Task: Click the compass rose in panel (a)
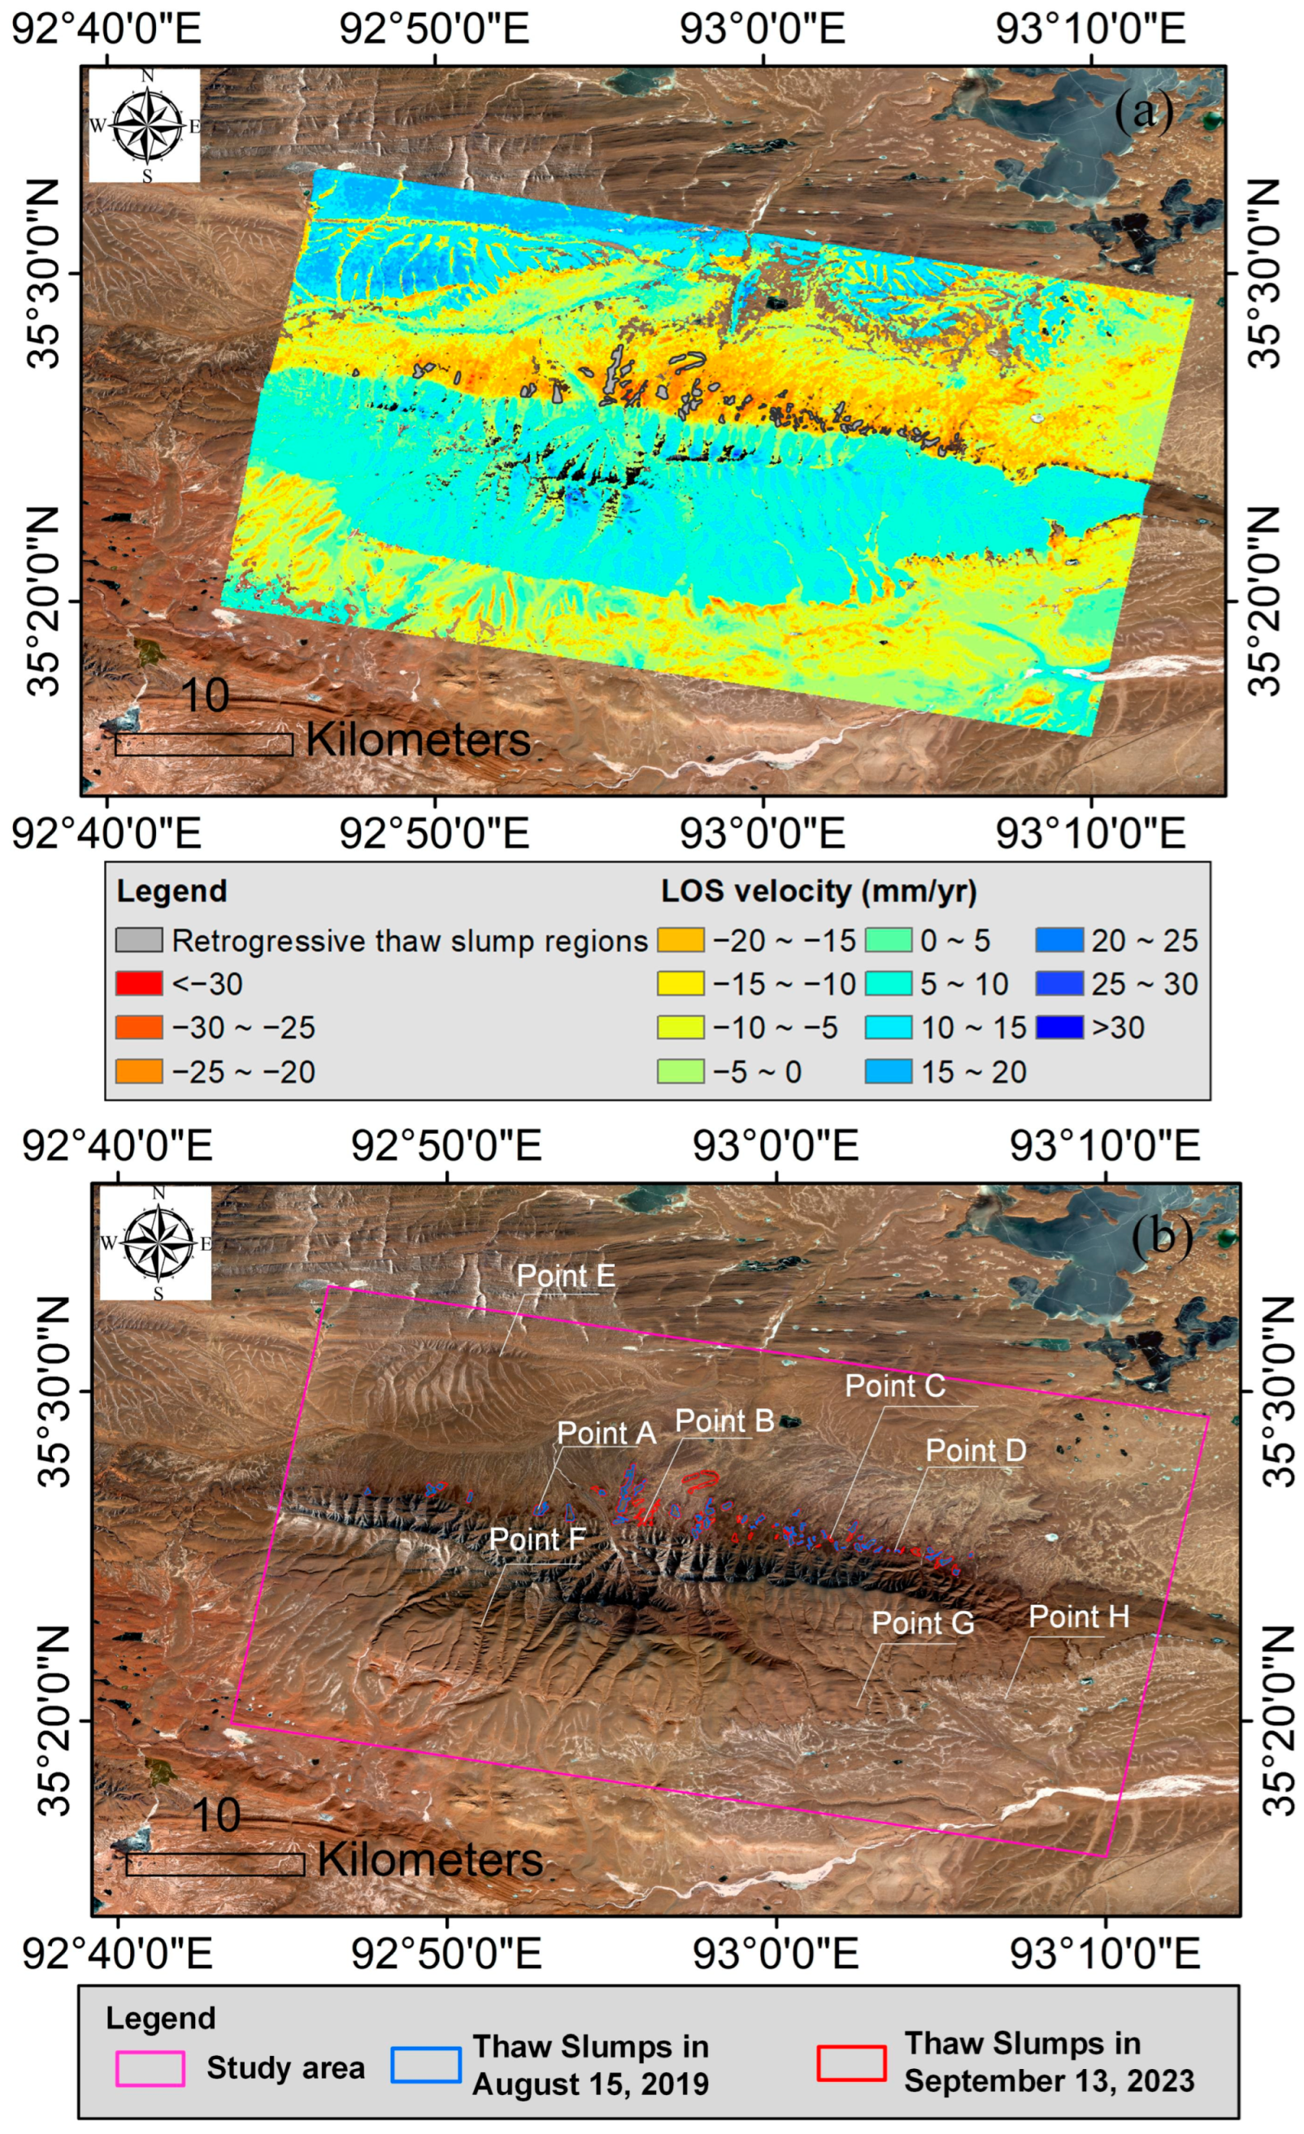click(146, 127)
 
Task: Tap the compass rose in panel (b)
click(157, 1243)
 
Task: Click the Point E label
click(566, 1276)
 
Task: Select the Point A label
click(606, 1434)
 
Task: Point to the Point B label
click(724, 1421)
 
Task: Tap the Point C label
click(895, 1386)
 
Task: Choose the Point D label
click(976, 1451)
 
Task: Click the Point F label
click(537, 1540)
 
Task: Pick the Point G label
click(923, 1623)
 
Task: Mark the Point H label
click(1079, 1617)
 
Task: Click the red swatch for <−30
click(139, 984)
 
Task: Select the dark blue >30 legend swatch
click(1058, 1028)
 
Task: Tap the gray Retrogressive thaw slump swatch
click(139, 940)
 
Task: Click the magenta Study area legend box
click(150, 2068)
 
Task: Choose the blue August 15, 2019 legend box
click(425, 2065)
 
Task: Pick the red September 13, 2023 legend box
click(851, 2063)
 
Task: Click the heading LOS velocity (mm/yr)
click(819, 891)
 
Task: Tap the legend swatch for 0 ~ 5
click(888, 940)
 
